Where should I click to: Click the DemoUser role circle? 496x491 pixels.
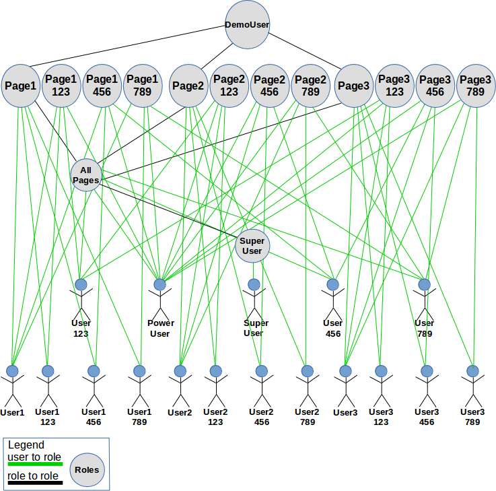[x=247, y=26]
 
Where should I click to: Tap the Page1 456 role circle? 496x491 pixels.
[x=102, y=86]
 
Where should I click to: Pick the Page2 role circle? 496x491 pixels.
[x=188, y=86]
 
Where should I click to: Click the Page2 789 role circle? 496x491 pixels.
[x=311, y=86]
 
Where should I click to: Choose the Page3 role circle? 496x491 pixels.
[x=353, y=86]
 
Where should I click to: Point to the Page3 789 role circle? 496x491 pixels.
[x=475, y=86]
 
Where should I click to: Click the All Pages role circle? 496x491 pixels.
[x=85, y=175]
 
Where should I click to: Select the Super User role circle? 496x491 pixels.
[x=252, y=246]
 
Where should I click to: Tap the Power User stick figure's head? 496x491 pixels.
[x=160, y=284]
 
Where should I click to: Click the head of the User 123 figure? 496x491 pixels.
[x=81, y=284]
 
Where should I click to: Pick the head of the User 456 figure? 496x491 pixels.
[x=332, y=284]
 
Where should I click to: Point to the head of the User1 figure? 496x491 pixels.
[x=12, y=370]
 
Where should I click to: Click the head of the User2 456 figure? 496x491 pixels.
[x=261, y=370]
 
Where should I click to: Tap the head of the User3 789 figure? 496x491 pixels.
[x=473, y=370]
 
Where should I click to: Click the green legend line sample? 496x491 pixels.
[x=35, y=463]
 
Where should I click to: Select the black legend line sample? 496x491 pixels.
[x=35, y=482]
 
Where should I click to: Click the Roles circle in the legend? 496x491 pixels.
[x=87, y=470]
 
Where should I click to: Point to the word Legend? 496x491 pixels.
[x=26, y=445]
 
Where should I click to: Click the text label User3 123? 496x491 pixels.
[x=381, y=416]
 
